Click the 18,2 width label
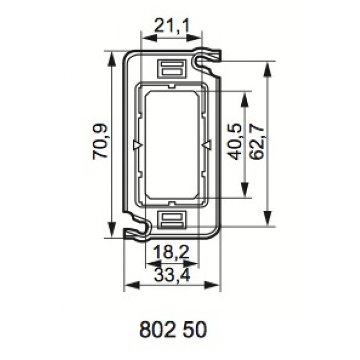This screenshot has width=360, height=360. [171, 253]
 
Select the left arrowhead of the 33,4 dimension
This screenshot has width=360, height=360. [128, 286]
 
